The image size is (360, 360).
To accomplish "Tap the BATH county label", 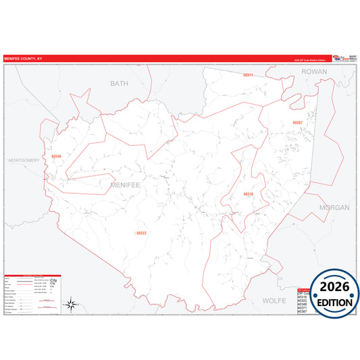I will click(x=119, y=83).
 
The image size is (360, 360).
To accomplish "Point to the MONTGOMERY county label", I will click(x=24, y=160).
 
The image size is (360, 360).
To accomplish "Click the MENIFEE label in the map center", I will click(x=122, y=183).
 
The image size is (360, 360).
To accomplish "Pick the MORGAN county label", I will click(x=334, y=207).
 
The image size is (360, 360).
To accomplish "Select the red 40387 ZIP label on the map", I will click(x=297, y=122).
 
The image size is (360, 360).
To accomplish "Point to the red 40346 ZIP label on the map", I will click(x=55, y=157).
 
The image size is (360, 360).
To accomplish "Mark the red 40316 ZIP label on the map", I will click(x=248, y=194).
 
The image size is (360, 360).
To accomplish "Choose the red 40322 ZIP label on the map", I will click(x=141, y=233).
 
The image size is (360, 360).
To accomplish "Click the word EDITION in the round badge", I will click(x=335, y=302).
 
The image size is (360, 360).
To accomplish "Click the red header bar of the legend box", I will click(x=32, y=275).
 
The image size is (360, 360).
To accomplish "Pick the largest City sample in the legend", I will click(x=54, y=279).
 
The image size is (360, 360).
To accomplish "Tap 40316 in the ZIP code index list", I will click(x=302, y=295).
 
